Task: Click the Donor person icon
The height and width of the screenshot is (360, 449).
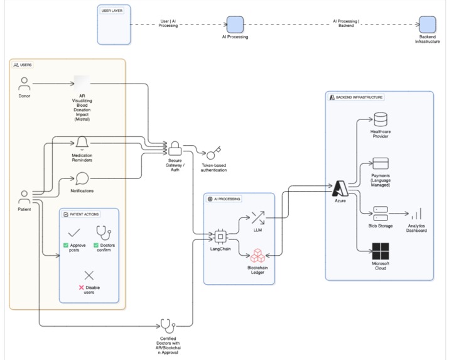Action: click(24, 84)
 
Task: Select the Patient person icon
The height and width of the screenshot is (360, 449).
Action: click(24, 197)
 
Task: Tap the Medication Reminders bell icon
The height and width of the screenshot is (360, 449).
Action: click(82, 143)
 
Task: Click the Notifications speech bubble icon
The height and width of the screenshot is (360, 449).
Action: click(82, 179)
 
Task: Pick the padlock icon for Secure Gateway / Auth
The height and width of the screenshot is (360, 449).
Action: click(175, 149)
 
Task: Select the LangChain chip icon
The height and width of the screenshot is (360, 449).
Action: click(220, 237)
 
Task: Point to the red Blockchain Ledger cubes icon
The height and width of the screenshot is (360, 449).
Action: click(257, 256)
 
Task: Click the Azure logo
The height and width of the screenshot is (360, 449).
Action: click(340, 188)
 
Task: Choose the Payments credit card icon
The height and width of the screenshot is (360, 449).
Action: click(381, 164)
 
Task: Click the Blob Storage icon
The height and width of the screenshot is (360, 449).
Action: click(381, 212)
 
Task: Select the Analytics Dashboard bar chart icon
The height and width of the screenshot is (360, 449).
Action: click(416, 214)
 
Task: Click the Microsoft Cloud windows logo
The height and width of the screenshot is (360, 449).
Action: click(381, 251)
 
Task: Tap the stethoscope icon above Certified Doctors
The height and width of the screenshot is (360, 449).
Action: click(167, 326)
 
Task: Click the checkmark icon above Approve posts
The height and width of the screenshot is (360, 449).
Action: click(74, 232)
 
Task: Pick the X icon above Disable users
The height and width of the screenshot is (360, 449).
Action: click(89, 275)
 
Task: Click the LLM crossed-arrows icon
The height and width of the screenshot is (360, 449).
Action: click(257, 219)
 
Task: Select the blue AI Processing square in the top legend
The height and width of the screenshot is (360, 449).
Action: click(235, 25)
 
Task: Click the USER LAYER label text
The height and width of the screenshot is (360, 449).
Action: click(112, 11)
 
